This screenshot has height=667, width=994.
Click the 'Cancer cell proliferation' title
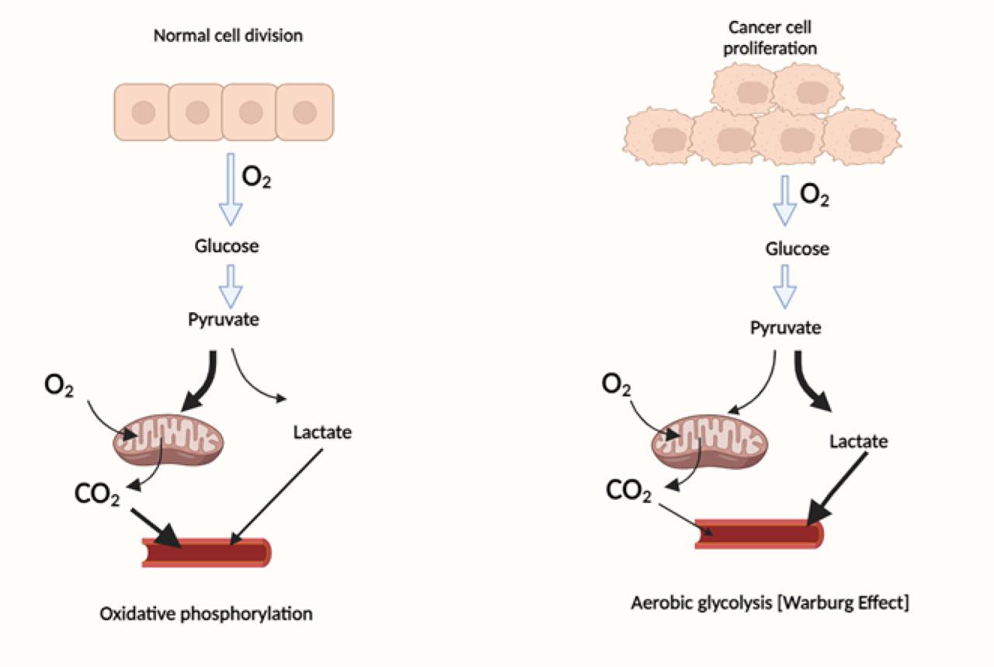[x=770, y=37]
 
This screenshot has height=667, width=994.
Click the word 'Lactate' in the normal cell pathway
[x=322, y=433]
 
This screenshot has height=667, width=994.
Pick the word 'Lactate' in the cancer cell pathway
[x=858, y=442]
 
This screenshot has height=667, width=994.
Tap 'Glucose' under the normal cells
[x=227, y=247]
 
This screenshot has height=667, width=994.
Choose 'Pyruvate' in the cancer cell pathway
[x=785, y=328]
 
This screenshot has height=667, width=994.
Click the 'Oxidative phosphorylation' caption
[x=207, y=613]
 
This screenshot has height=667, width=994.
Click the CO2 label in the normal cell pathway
[x=97, y=495]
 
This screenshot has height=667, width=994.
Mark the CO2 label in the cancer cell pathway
[x=629, y=491]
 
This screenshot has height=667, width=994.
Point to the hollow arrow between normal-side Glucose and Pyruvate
[x=231, y=286]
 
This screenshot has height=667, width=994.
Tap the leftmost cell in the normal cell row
[x=143, y=113]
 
